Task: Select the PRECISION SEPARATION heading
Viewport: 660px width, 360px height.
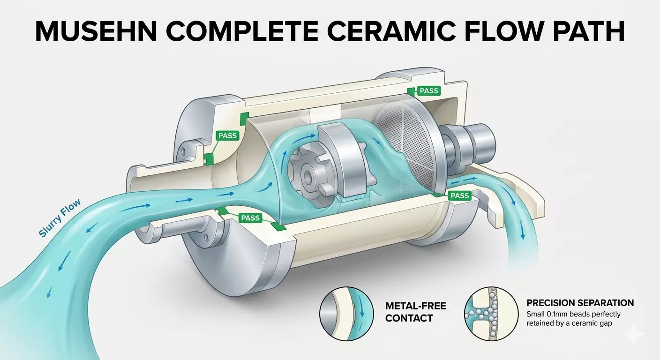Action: (580, 303)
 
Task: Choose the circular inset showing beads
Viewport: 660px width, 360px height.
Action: (492, 312)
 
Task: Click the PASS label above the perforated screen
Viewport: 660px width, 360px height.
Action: (428, 91)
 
